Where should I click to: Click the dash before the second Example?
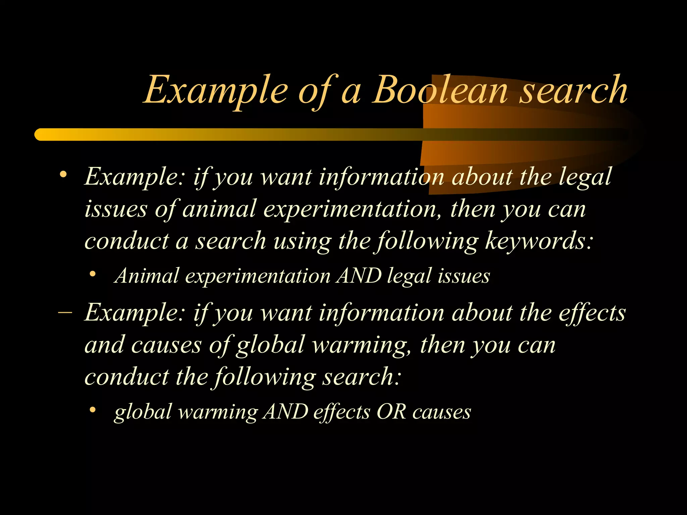[x=65, y=312]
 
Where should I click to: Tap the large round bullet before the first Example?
[x=63, y=175]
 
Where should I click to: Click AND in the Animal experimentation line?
[x=359, y=276]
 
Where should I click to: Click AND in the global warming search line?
[x=285, y=412]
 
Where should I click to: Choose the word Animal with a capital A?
[x=147, y=276]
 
